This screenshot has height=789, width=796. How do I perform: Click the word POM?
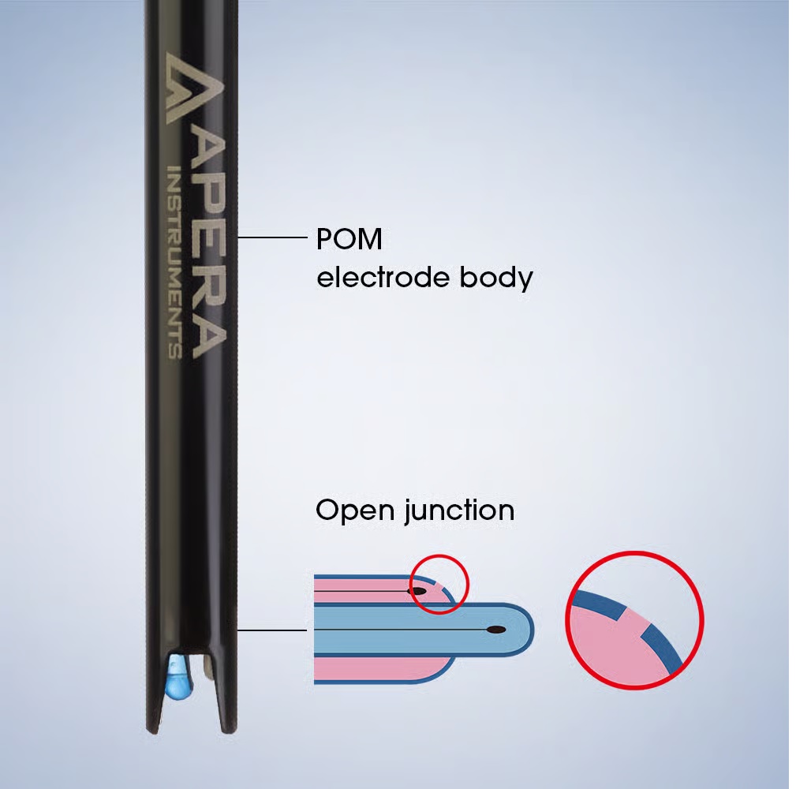tap(349, 239)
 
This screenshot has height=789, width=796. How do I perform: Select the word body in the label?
tap(496, 279)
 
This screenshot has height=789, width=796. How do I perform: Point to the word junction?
tap(459, 510)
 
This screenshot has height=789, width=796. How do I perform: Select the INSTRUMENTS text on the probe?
tap(174, 263)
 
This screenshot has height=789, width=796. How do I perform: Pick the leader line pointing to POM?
tap(273, 237)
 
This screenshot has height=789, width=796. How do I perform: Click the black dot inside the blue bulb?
tap(496, 630)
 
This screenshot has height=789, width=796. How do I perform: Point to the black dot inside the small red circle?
tap(418, 591)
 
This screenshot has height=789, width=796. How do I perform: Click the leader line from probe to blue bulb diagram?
tap(271, 630)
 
